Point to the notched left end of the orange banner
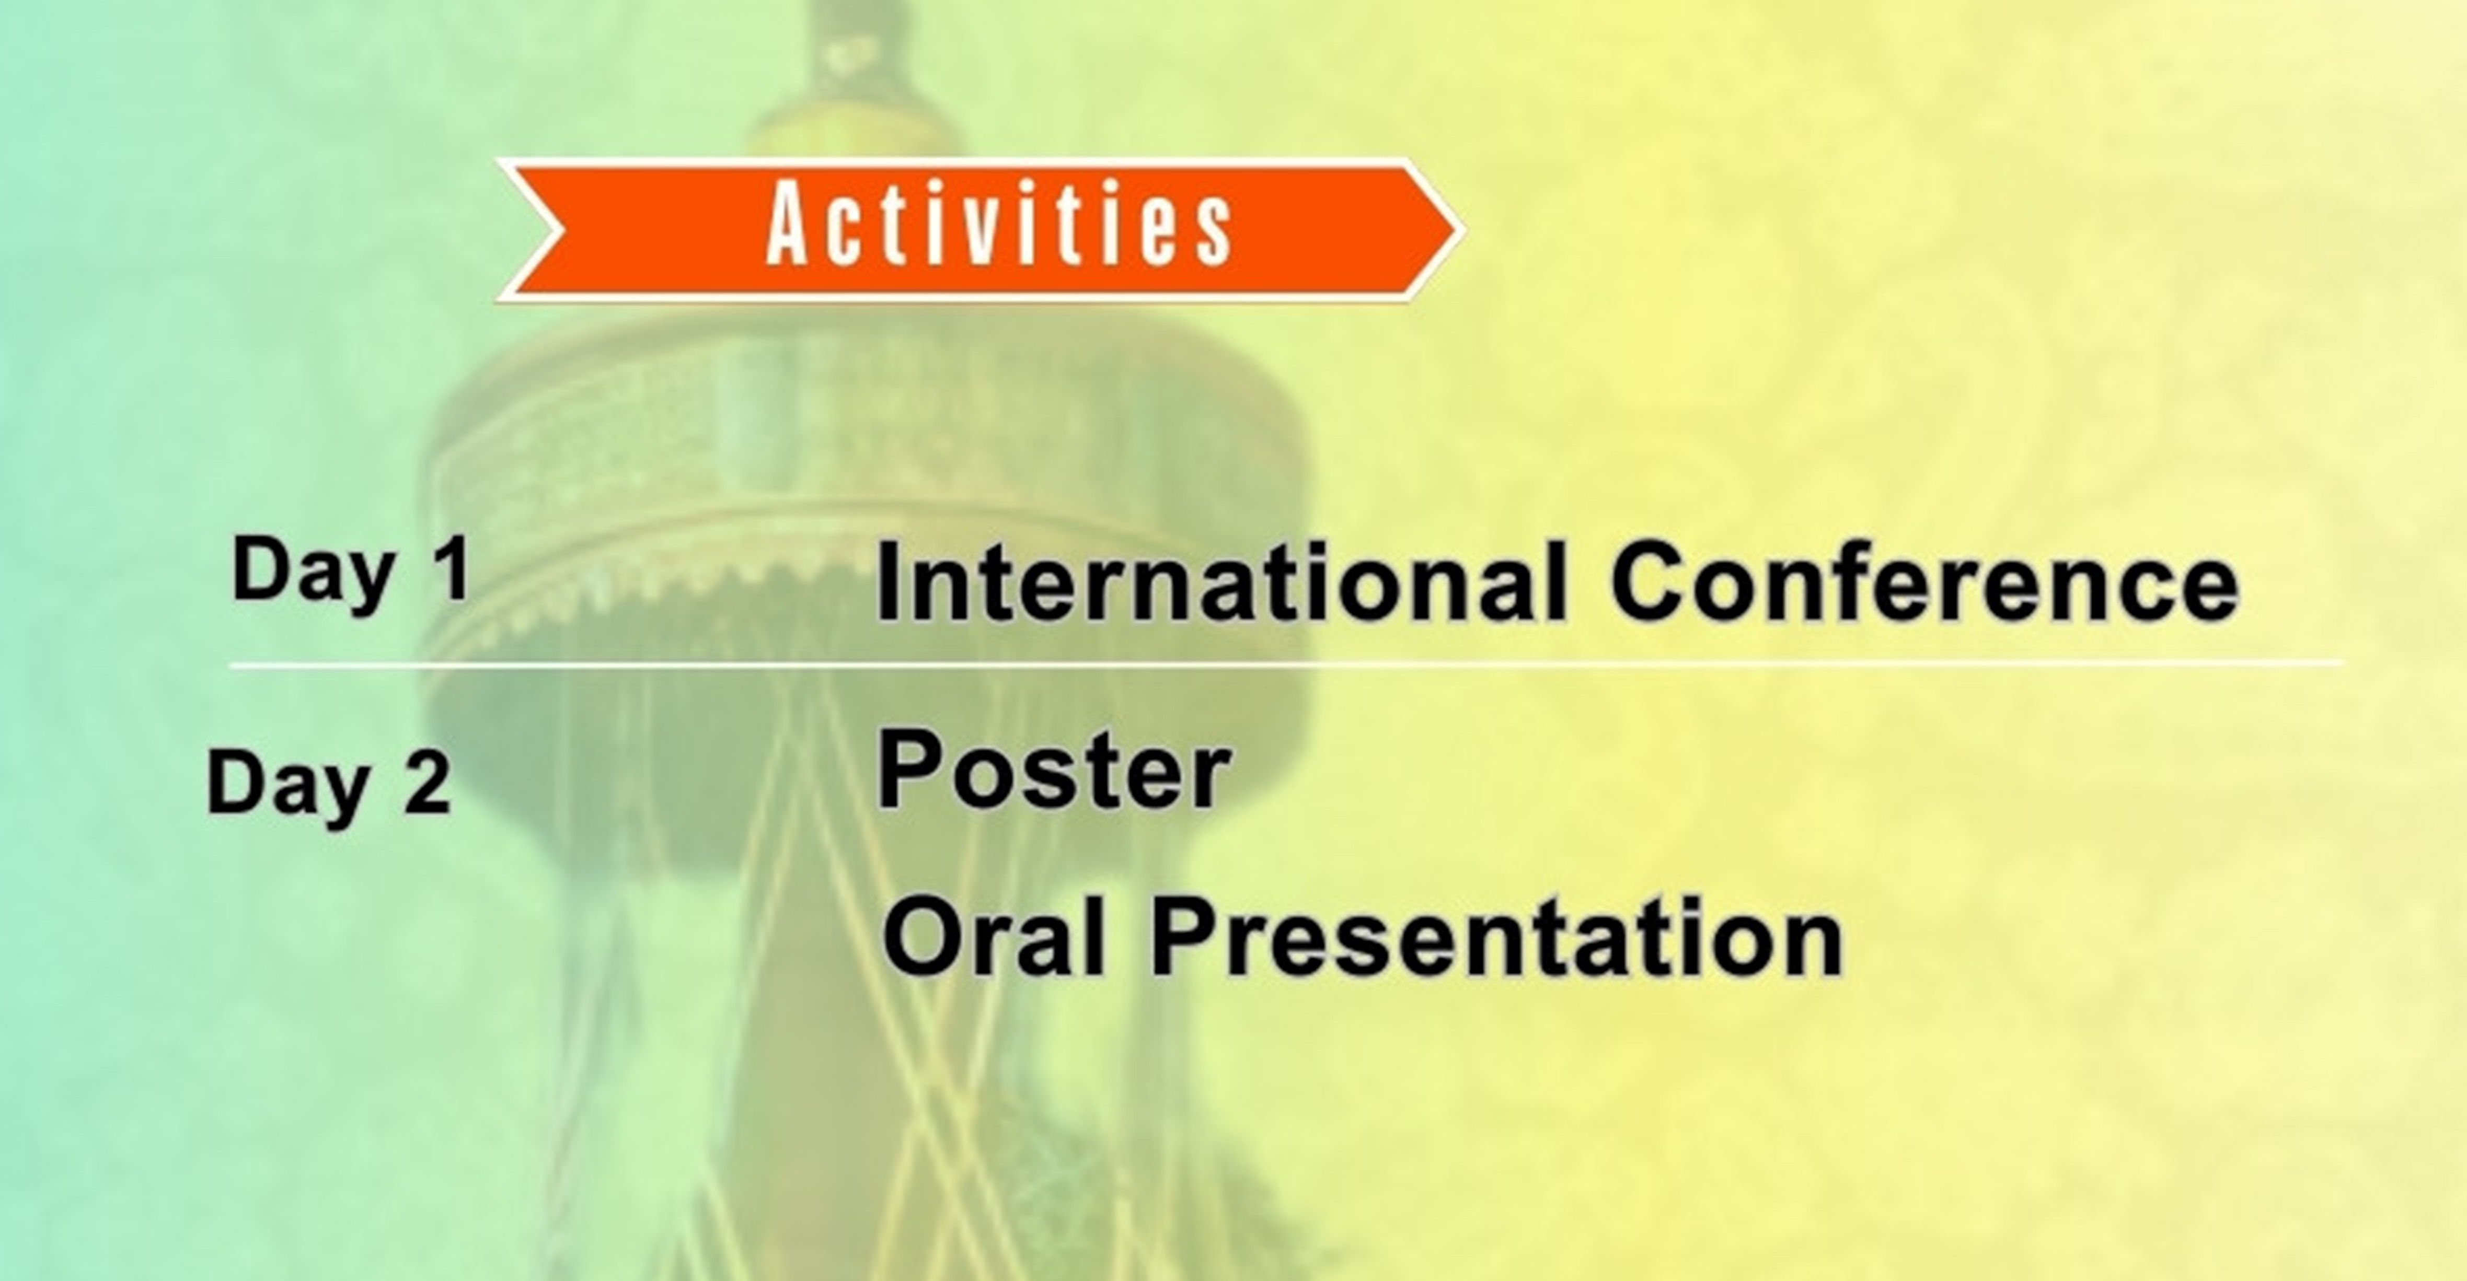click(x=536, y=230)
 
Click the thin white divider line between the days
click(x=1283, y=663)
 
